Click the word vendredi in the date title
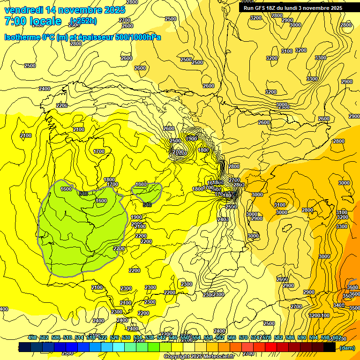23,10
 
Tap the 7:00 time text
15,21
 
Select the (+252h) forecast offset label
83,21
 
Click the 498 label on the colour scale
32,337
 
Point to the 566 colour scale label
232,337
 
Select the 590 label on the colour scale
302,337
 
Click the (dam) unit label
347,347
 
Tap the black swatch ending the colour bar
329,347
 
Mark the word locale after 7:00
45,21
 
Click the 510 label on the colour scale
67,337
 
